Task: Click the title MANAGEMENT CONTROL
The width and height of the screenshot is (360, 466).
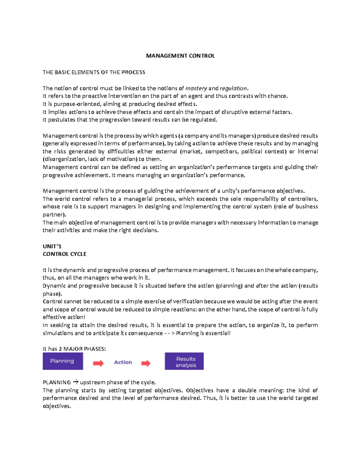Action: pos(180,56)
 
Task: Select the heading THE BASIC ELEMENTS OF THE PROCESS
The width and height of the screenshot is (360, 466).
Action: pos(94,72)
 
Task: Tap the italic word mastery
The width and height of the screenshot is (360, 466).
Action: pos(196,88)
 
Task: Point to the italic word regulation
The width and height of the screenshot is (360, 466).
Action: pos(233,88)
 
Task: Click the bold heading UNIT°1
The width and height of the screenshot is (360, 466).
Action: pos(52,246)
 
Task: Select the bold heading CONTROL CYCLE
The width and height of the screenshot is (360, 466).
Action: pos(64,254)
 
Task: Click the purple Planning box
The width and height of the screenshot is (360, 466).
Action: pos(62,361)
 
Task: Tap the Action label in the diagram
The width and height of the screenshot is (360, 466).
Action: pos(123,362)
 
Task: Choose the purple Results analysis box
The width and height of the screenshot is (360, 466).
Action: pos(184,361)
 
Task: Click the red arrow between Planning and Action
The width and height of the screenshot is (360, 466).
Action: pos(98,363)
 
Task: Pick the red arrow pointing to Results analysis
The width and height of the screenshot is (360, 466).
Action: pos(146,363)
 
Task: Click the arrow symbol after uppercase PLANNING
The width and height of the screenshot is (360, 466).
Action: pos(76,382)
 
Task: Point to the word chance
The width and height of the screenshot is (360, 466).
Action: pos(279,96)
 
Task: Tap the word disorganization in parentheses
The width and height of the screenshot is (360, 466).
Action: pos(64,159)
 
